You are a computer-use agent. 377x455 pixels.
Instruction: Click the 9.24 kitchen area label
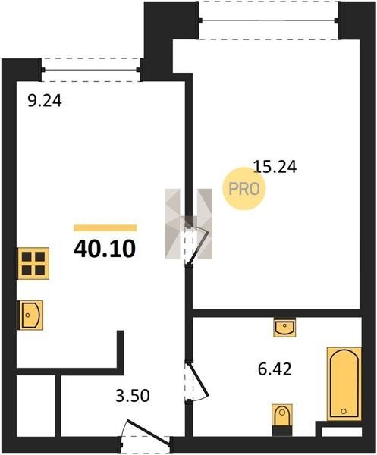click(45, 102)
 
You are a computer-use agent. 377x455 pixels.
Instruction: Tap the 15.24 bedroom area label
click(275, 167)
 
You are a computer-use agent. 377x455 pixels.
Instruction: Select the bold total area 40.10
click(105, 249)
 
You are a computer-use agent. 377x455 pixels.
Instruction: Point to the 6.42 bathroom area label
click(275, 369)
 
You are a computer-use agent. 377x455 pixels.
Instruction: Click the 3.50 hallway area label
click(133, 396)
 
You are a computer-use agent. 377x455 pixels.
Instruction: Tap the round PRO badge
click(243, 189)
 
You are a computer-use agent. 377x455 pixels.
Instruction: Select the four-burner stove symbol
click(33, 263)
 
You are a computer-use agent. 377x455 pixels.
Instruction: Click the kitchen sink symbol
click(31, 315)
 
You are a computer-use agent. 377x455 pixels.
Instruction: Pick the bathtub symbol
click(344, 384)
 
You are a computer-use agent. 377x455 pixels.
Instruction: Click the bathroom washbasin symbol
click(284, 328)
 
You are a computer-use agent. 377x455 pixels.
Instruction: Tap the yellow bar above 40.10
click(105, 227)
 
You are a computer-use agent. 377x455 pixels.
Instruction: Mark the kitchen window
click(90, 70)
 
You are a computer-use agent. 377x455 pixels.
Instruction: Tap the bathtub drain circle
click(344, 411)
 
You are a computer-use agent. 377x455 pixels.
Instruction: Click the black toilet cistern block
click(282, 431)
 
